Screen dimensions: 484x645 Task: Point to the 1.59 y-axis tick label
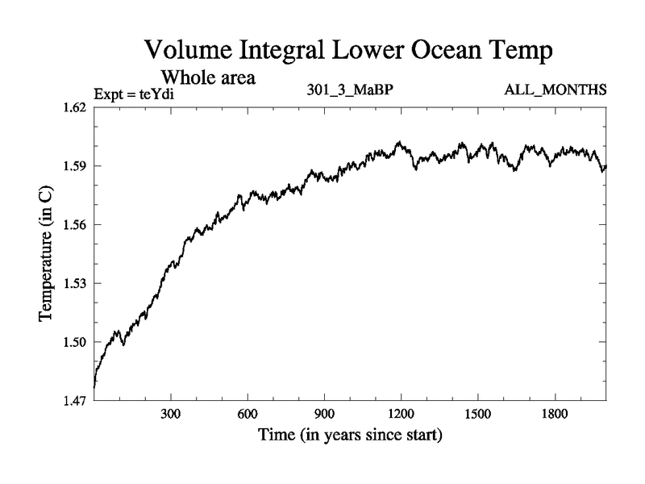77,166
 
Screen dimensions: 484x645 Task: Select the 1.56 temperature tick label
77,224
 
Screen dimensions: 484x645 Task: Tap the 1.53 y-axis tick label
77,283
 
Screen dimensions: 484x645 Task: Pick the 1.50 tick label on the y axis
77,342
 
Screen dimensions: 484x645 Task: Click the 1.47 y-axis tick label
77,400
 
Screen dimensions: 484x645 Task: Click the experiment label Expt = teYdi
134,95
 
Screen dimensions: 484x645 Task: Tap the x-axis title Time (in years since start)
350,436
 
